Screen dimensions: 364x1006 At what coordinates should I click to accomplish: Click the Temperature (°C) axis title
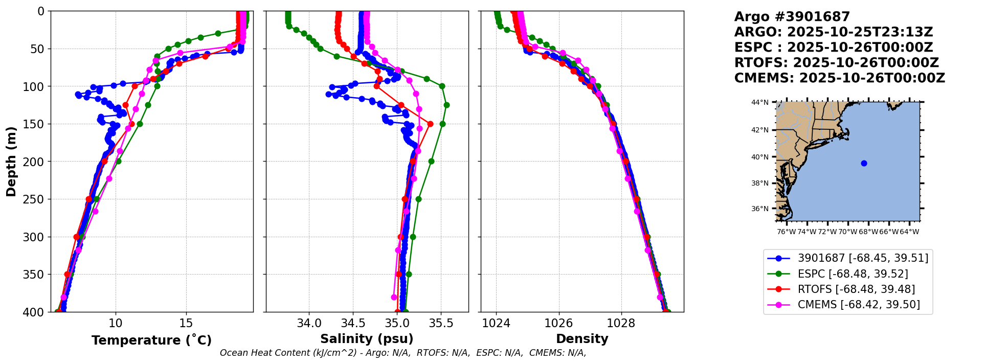tap(151, 340)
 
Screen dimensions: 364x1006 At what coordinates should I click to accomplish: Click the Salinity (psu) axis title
tap(367, 339)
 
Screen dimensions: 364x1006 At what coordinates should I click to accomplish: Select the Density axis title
tap(582, 339)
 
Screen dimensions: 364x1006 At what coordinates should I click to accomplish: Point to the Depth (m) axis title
tap(11, 162)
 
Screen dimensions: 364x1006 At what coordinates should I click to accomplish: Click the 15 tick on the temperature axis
tap(186, 323)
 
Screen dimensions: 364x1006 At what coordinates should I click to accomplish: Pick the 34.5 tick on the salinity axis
tap(353, 323)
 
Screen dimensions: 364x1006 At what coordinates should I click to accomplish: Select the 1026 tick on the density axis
tap(558, 323)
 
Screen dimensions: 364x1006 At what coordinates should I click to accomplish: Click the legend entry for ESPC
tap(853, 274)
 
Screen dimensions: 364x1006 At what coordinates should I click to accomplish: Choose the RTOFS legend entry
tap(856, 289)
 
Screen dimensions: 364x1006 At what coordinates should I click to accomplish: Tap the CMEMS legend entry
tap(858, 305)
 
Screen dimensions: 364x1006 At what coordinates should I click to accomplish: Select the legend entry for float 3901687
tap(862, 258)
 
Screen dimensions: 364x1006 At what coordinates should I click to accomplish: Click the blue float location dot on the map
tap(864, 163)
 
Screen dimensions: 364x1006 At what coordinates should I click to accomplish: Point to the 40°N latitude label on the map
tap(759, 157)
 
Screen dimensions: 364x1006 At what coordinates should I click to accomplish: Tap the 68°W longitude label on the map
tap(868, 232)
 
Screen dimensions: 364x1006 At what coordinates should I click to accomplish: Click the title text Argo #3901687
tap(792, 17)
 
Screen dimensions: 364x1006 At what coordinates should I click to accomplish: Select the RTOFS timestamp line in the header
tap(836, 63)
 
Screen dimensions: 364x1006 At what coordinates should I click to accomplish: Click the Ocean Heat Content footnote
tap(403, 353)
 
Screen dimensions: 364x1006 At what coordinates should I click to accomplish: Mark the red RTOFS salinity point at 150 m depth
tap(430, 124)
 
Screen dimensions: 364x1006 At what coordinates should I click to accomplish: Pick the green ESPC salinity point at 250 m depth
tap(418, 199)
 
